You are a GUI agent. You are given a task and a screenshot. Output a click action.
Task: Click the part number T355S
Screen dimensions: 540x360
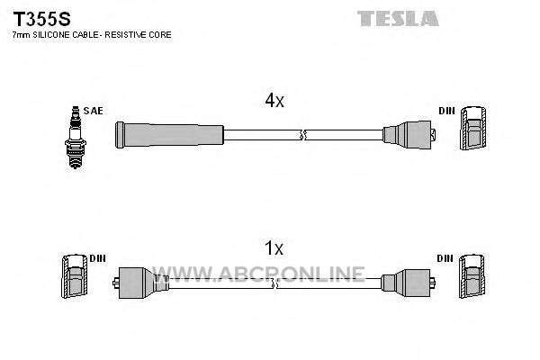click(41, 19)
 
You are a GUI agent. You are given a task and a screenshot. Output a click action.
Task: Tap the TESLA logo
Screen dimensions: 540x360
click(398, 19)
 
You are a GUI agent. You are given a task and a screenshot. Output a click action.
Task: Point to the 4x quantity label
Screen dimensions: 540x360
click(274, 100)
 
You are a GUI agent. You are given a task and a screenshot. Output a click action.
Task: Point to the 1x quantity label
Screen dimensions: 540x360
click(274, 248)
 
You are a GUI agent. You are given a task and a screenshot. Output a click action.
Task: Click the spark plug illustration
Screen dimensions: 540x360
click(76, 137)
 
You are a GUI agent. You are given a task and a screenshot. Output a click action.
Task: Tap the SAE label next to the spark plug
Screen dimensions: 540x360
click(93, 111)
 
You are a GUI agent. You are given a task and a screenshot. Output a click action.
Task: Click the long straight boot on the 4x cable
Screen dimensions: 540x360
click(169, 135)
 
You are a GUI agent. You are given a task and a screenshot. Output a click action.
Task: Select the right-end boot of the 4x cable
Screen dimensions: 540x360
click(409, 135)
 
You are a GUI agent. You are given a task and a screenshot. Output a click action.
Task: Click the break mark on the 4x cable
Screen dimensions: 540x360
click(302, 135)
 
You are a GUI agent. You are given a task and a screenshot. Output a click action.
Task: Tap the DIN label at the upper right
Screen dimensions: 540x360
click(446, 111)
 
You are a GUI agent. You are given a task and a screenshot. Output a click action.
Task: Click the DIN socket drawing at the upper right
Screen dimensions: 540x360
click(473, 128)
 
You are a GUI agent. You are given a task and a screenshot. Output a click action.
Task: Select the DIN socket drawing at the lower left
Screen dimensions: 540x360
click(75, 276)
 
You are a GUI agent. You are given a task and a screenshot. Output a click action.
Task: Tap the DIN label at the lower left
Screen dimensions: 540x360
click(97, 258)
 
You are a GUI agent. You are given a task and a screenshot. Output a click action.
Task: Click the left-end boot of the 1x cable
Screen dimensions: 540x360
click(140, 283)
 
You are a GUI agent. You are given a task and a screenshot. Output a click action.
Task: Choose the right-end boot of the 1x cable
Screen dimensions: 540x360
click(408, 283)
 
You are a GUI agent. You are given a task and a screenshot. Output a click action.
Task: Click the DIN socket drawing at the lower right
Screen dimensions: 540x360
click(472, 276)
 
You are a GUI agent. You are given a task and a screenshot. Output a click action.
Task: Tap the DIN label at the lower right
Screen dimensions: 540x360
click(445, 258)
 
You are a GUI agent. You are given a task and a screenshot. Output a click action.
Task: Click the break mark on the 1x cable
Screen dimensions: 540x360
click(274, 283)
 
